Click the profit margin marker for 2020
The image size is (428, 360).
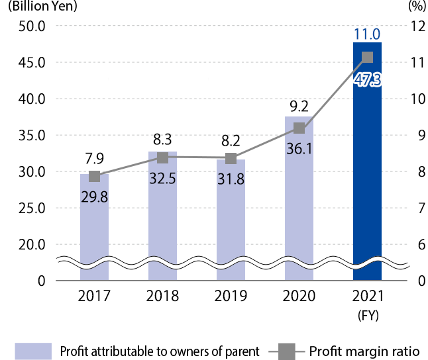299,128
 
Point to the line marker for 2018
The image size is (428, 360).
162,157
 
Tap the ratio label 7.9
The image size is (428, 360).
94,158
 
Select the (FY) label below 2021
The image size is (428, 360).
367,315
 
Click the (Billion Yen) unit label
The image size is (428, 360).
41,7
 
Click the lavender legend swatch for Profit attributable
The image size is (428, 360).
33,350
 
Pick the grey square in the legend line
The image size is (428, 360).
286,350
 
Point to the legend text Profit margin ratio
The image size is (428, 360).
364,350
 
